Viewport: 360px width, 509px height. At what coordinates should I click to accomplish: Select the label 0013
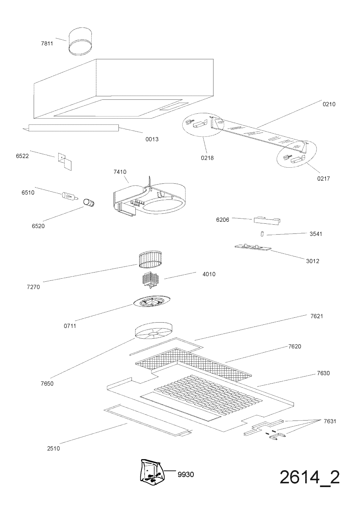point(152,139)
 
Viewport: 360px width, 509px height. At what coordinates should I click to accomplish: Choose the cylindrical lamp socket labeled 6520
point(88,203)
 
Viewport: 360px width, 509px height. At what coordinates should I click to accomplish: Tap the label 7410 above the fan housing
point(120,172)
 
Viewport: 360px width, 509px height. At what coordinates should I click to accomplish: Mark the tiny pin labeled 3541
point(262,234)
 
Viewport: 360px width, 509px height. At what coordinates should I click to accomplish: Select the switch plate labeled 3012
point(252,247)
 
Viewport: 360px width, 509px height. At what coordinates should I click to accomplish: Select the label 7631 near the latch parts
point(330,421)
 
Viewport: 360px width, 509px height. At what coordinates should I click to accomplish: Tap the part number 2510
point(53,448)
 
